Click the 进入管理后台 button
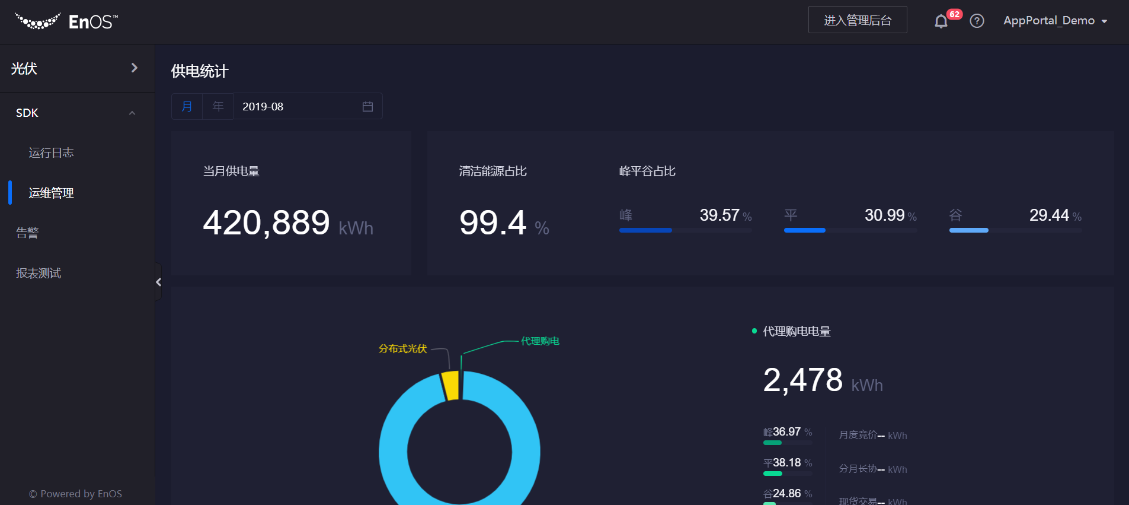pyautogui.click(x=857, y=20)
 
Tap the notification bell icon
pyautogui.click(x=941, y=21)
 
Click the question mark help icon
pyautogui.click(x=977, y=21)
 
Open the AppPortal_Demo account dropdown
pyautogui.click(x=1055, y=21)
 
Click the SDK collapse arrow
pyautogui.click(x=132, y=113)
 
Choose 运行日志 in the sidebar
pyautogui.click(x=52, y=153)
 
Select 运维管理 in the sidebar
pyautogui.click(x=52, y=193)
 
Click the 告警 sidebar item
pyautogui.click(x=27, y=233)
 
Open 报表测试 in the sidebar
pyautogui.click(x=39, y=273)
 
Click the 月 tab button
pyautogui.click(x=187, y=106)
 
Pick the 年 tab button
pyautogui.click(x=218, y=106)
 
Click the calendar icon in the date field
pyautogui.click(x=367, y=106)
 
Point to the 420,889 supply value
pyautogui.click(x=266, y=223)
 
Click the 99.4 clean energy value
pyautogui.click(x=492, y=223)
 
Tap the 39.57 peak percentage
pyautogui.click(x=719, y=215)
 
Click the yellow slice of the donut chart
pyautogui.click(x=451, y=386)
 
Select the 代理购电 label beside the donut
pyautogui.click(x=540, y=341)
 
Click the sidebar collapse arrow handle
pyautogui.click(x=158, y=282)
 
